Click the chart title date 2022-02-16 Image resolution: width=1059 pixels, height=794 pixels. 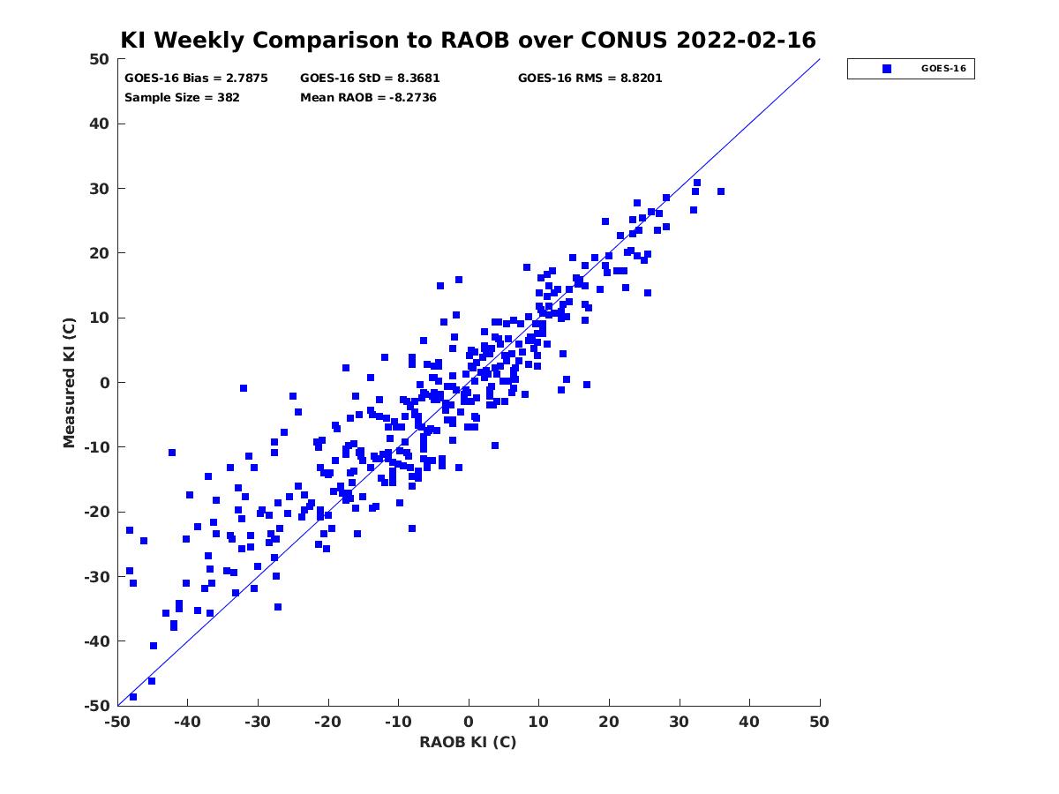pos(746,40)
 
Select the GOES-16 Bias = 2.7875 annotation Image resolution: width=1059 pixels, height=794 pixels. pos(196,79)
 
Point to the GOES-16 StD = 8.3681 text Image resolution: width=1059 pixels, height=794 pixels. pos(370,79)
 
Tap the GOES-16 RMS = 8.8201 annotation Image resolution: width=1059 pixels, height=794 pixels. pos(590,79)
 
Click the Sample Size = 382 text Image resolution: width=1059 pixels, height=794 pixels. pos(182,98)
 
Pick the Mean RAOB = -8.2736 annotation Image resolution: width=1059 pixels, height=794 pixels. pos(368,98)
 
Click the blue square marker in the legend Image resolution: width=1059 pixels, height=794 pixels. pos(886,69)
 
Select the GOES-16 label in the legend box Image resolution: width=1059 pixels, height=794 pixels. pos(943,69)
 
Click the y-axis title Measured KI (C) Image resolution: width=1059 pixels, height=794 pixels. pos(69,383)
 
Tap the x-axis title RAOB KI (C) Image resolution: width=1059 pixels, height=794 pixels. pos(468,742)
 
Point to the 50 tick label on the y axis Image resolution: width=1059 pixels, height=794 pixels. pos(100,59)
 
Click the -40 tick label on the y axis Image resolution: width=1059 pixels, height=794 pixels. pos(97,641)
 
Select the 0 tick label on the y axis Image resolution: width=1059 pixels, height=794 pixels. pos(105,383)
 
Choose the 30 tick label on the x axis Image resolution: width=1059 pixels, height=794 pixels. pos(679,722)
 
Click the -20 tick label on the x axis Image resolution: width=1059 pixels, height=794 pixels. pos(327,722)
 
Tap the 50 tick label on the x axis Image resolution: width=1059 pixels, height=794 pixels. pos(819,722)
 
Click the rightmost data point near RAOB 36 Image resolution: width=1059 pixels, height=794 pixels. pos(721,191)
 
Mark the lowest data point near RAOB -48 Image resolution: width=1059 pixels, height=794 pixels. pos(133,697)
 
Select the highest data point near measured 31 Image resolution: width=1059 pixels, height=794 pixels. pos(696,183)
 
